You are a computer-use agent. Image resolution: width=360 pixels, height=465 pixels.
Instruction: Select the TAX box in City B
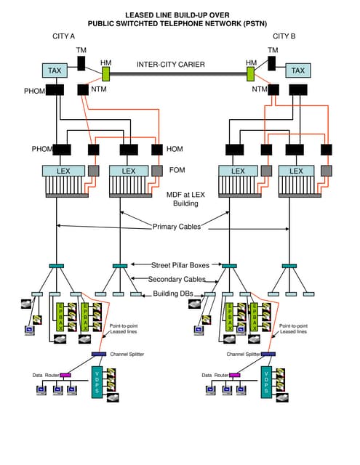point(297,70)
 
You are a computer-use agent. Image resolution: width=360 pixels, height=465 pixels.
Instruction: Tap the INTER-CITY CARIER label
point(171,65)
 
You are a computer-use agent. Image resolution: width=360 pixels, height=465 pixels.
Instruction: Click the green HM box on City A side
point(105,74)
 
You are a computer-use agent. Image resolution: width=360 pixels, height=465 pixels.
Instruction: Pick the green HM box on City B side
point(251,74)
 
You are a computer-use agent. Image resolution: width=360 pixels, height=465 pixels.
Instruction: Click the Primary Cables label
point(176,227)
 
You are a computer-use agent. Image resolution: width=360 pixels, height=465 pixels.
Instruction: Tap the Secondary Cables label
point(177,280)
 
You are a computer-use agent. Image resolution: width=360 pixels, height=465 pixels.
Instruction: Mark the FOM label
point(177,171)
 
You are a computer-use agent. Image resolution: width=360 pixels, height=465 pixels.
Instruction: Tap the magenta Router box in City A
point(65,375)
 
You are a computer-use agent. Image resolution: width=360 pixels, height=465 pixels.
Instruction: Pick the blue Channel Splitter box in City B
point(268,354)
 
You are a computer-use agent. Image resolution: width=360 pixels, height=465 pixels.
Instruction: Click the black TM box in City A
point(81,62)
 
